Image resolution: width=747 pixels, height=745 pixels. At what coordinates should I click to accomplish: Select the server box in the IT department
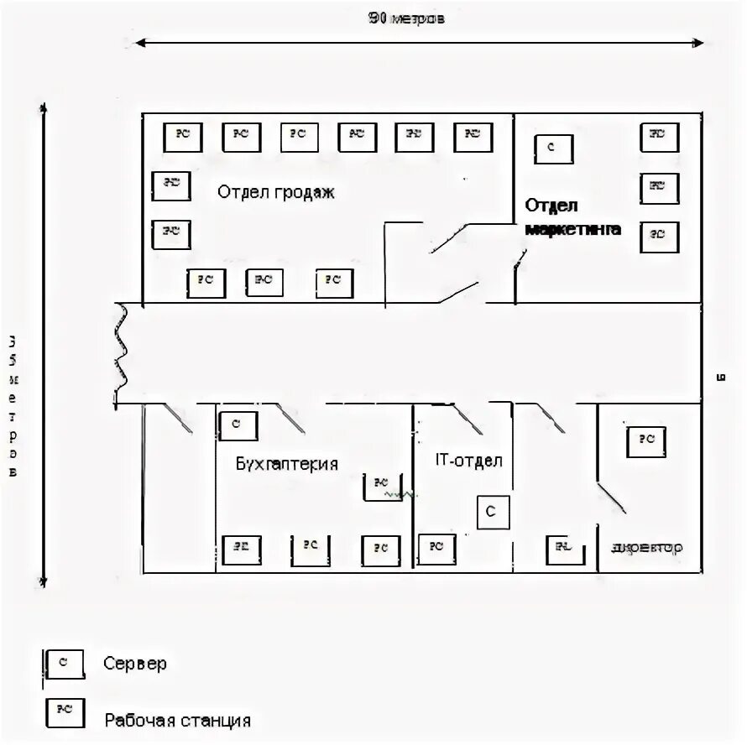point(493,512)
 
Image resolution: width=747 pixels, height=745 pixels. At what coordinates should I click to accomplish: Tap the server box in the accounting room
point(238,425)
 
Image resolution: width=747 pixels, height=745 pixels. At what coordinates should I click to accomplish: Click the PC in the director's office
point(645,440)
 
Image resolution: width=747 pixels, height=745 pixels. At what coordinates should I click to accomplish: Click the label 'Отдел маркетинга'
point(573,217)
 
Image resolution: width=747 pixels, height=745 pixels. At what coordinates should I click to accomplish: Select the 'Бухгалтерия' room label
point(286,464)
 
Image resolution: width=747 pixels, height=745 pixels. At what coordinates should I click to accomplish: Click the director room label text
point(647,548)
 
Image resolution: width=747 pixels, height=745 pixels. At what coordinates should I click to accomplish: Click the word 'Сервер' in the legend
point(135,664)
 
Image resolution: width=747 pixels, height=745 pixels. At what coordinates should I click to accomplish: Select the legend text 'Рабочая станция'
point(178,720)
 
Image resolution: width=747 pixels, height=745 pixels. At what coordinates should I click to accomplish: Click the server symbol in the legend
point(65,663)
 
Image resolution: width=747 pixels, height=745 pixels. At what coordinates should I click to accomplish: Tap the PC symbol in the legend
point(65,711)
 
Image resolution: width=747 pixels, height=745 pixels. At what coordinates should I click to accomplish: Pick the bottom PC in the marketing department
point(659,236)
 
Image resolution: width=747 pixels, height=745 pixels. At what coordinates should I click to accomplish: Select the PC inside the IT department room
point(436,547)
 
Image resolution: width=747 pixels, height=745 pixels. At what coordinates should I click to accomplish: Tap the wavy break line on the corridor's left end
point(123,352)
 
